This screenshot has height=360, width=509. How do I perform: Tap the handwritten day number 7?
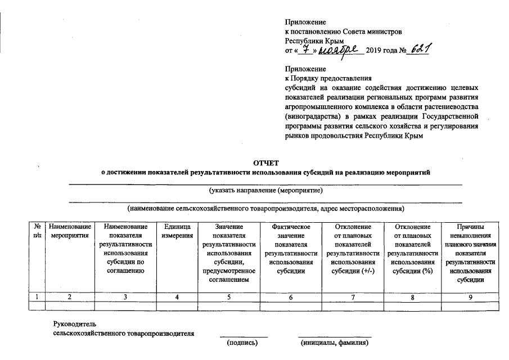click(x=304, y=49)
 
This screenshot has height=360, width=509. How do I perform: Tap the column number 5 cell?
click(x=228, y=297)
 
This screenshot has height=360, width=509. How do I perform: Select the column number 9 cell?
click(x=471, y=297)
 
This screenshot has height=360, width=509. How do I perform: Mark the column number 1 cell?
click(x=37, y=297)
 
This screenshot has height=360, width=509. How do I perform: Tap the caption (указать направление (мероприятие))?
click(x=265, y=191)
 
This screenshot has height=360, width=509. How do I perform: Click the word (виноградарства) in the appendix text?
click(x=310, y=116)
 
